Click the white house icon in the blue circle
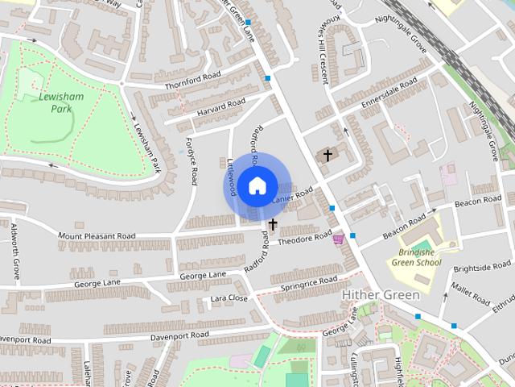click(257, 185)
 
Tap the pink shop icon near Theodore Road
click(340, 239)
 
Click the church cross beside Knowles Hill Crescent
click(328, 155)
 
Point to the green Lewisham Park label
click(56, 102)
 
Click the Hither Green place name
click(380, 296)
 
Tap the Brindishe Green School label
click(416, 256)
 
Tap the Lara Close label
click(229, 298)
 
